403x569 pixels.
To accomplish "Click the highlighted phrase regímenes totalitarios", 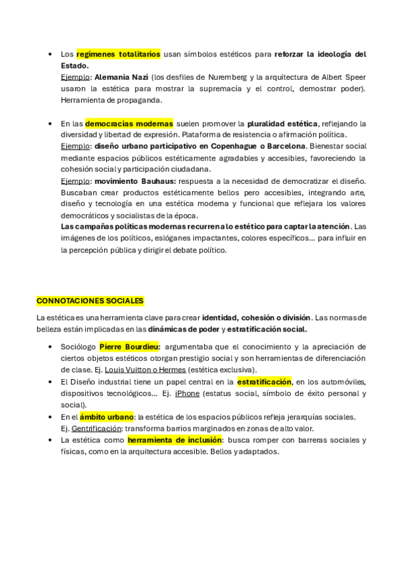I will pyautogui.click(x=118, y=54).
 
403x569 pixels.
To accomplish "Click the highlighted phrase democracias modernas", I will pyautogui.click(x=129, y=123).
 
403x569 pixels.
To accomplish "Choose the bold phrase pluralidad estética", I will pyautogui.click(x=282, y=123).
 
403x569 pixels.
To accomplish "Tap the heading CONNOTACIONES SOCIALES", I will pyautogui.click(x=90, y=301).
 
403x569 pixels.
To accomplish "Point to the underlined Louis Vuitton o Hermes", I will pyautogui.click(x=145, y=370).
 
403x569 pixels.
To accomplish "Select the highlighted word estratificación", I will pyautogui.click(x=265, y=382).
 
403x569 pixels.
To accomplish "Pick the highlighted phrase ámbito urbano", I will pyautogui.click(x=107, y=417).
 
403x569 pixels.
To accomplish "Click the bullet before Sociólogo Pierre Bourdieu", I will pyautogui.click(x=51, y=347).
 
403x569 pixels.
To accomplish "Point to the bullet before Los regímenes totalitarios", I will pyautogui.click(x=51, y=54).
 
